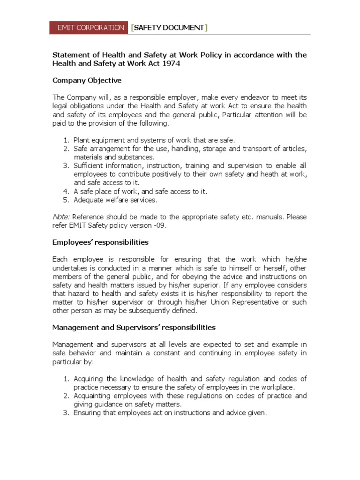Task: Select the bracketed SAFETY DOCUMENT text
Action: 169,28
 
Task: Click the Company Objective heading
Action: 87,80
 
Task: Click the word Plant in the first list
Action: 82,140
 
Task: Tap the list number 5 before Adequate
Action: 66,200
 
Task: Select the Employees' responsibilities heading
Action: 100,242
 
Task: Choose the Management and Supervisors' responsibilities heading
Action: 134,327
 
